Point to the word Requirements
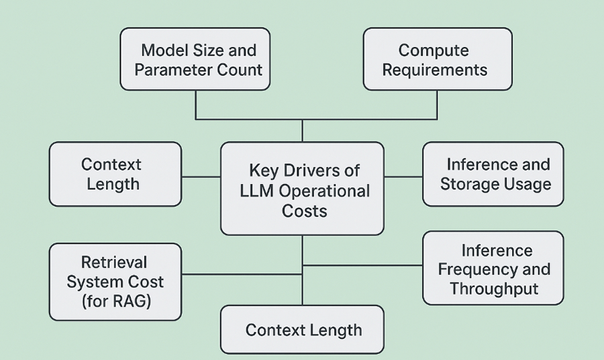point(435,70)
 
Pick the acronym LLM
point(257,191)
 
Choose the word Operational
point(324,191)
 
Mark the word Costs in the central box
point(304,211)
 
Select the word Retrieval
point(114,262)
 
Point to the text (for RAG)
point(115,301)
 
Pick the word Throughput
point(494,289)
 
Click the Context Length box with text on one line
point(303,330)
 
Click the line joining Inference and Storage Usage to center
point(403,177)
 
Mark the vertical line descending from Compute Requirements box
point(437,104)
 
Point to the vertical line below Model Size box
point(195,104)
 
